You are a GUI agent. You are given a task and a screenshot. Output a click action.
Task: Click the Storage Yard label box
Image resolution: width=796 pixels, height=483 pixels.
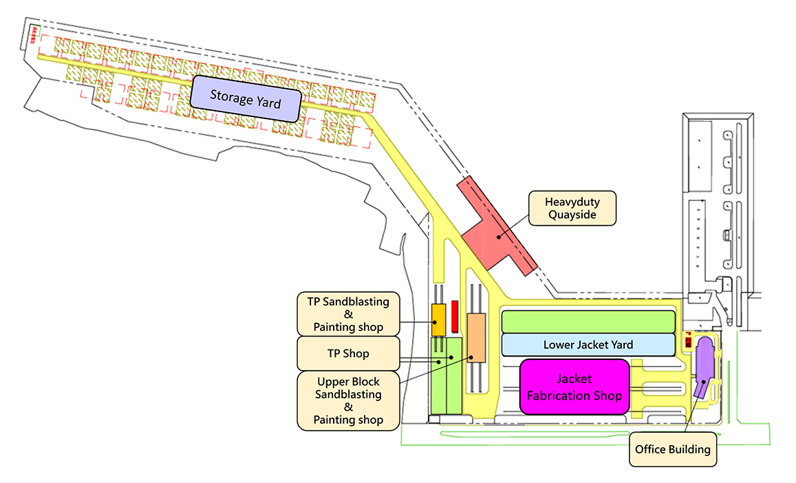246,98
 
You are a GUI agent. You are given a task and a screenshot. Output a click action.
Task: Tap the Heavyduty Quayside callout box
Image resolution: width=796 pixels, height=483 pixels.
571,208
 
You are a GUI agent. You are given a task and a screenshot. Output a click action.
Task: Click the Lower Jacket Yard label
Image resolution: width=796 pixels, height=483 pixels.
588,345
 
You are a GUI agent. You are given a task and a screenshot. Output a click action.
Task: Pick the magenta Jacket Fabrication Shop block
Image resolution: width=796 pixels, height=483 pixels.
574,387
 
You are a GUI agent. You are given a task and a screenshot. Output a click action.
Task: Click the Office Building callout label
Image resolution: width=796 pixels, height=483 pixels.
672,449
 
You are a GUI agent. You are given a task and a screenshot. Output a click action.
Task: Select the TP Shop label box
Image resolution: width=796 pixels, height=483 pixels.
348,353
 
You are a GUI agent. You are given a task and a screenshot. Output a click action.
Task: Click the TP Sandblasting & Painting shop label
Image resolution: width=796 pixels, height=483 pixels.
348,314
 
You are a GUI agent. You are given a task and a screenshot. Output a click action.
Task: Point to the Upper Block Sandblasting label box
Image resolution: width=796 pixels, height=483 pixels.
348,400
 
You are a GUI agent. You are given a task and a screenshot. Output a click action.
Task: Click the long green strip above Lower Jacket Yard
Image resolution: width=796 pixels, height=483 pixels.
588,321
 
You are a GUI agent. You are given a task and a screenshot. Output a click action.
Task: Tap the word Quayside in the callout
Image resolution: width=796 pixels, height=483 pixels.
571,215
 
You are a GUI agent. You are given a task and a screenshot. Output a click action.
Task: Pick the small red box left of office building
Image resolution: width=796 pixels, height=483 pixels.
688,341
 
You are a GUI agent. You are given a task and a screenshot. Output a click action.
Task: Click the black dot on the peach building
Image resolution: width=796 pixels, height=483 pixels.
471,357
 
